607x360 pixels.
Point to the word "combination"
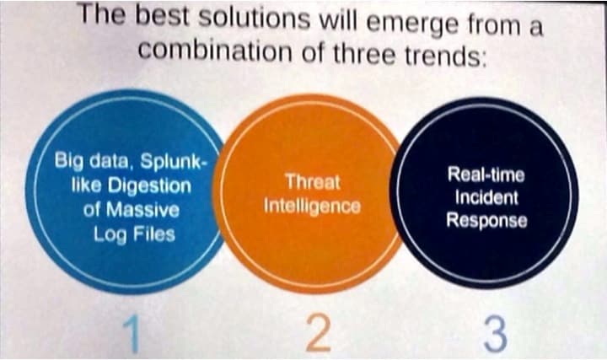tap(215, 50)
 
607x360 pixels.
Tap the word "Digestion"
tap(149, 186)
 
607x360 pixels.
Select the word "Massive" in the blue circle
tap(142, 210)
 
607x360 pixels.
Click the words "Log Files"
tap(134, 234)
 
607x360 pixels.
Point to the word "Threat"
tap(313, 181)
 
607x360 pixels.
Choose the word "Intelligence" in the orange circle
tap(313, 206)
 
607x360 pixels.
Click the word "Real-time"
tap(486, 175)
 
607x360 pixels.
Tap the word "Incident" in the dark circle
tap(486, 197)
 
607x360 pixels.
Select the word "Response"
tap(486, 220)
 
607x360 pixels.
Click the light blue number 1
tap(132, 333)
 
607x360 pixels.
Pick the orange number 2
tap(318, 333)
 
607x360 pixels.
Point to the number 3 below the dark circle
tap(495, 334)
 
